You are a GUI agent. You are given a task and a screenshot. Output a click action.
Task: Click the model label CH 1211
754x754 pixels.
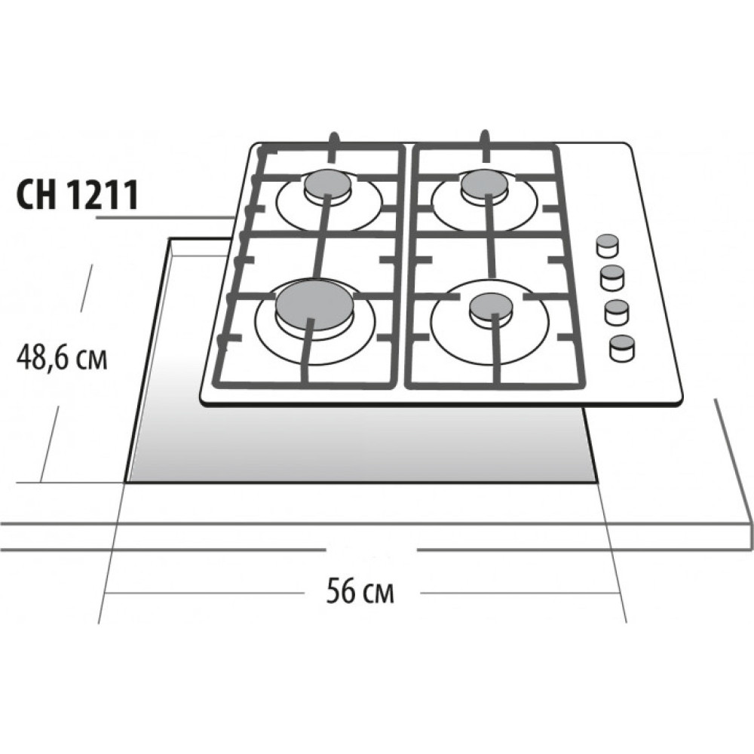click(x=78, y=195)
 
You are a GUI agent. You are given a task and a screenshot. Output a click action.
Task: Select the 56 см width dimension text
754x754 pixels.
click(x=360, y=591)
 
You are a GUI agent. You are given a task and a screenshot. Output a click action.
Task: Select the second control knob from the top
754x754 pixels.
click(x=612, y=278)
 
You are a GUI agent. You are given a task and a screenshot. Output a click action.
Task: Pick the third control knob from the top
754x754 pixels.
click(x=617, y=311)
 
